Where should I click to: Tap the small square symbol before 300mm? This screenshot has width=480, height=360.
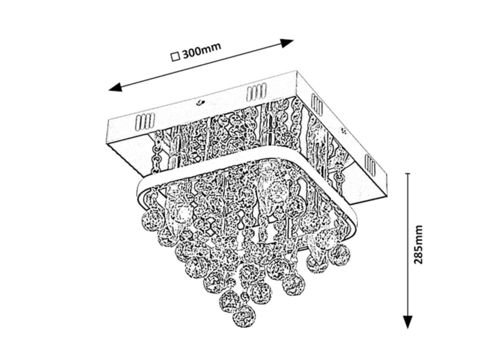[x=175, y=57]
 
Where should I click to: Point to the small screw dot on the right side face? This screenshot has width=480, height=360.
[x=343, y=130]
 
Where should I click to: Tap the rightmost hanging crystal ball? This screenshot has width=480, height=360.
[x=339, y=254]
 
